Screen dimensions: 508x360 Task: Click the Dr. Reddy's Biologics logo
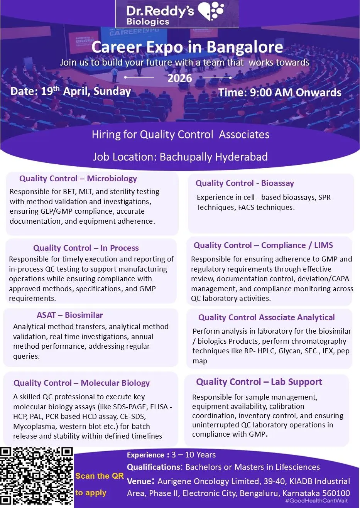(x=177, y=14)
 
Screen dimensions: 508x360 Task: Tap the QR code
(x=37, y=476)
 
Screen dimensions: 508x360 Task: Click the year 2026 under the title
(x=179, y=78)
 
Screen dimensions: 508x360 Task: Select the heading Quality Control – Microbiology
(x=78, y=179)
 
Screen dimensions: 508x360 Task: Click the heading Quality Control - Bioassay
(x=245, y=183)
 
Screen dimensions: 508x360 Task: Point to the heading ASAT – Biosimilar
(x=70, y=315)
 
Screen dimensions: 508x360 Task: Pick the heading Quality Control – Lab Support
(x=259, y=382)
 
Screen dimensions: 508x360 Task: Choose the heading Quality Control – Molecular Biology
(x=81, y=383)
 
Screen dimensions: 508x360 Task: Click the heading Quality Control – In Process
(x=86, y=248)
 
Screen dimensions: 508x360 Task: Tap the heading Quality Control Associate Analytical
(x=266, y=317)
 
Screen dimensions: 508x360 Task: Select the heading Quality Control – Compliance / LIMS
(x=263, y=245)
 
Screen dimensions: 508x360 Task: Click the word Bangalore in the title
(x=245, y=47)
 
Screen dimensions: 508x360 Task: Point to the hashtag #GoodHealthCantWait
(x=316, y=501)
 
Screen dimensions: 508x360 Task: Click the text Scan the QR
(x=99, y=476)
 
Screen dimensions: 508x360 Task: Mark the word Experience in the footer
(x=145, y=455)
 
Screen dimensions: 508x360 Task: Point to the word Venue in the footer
(x=140, y=481)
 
